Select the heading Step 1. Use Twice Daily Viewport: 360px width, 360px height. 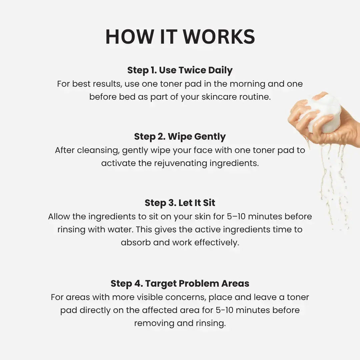(x=180, y=70)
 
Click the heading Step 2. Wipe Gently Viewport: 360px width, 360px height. (x=180, y=137)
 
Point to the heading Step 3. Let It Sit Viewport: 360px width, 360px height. (x=180, y=203)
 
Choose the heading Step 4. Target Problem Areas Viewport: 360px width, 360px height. (x=180, y=284)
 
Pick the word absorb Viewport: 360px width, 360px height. (x=136, y=243)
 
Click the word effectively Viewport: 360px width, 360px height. (x=217, y=243)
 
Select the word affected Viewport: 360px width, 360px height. (x=161, y=310)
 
